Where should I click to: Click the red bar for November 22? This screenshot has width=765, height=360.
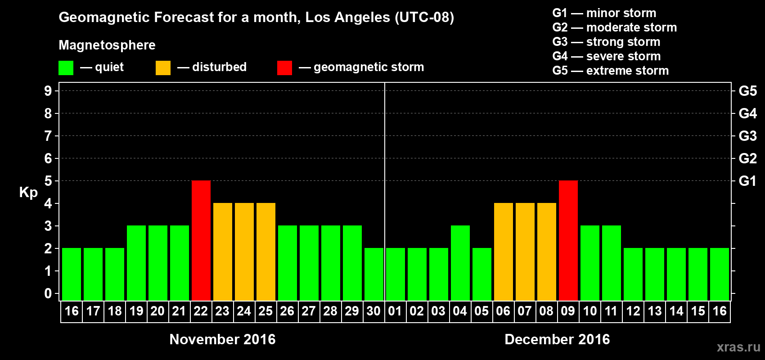[201, 240]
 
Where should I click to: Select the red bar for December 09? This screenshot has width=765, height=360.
[568, 240]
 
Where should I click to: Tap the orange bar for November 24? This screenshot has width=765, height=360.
[244, 252]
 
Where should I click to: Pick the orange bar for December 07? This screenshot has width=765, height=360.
[525, 252]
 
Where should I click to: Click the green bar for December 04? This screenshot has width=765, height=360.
[460, 263]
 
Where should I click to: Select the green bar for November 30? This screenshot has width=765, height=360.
[374, 274]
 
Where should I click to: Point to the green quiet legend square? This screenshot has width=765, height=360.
[66, 68]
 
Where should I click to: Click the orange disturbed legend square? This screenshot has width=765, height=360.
[163, 68]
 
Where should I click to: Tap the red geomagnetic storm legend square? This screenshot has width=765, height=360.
[284, 68]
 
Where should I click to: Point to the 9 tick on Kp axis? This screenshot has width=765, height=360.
[48, 91]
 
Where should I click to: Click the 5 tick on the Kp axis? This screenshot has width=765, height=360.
[48, 181]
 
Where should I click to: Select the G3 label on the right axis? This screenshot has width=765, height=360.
[747, 136]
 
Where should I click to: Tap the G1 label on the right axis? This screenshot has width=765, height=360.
[747, 181]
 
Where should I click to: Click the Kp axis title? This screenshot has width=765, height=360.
[28, 193]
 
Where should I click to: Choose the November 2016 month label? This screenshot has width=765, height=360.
[222, 339]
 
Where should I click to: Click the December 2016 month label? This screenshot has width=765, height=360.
[557, 339]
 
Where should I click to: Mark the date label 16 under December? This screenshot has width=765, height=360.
[720, 311]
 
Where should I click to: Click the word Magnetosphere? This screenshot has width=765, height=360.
[107, 45]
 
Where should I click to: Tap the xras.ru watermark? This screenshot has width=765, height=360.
[738, 347]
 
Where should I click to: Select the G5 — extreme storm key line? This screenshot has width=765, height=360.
[610, 71]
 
